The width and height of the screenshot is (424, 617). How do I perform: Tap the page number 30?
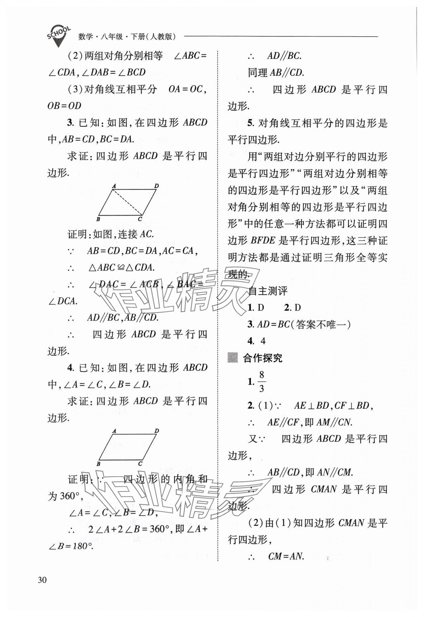pyautogui.click(x=42, y=580)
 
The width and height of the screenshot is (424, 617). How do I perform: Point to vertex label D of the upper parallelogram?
pyautogui.click(x=156, y=186)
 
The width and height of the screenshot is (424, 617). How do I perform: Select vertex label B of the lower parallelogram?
pyautogui.click(x=98, y=464)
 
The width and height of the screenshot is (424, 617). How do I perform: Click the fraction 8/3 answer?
pyautogui.click(x=261, y=382)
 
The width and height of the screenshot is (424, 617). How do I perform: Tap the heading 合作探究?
pyautogui.click(x=263, y=358)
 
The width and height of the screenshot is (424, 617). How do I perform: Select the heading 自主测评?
pyautogui.click(x=268, y=291)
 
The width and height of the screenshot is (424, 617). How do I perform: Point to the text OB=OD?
pyautogui.click(x=64, y=106)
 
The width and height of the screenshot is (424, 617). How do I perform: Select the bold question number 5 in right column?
pyautogui.click(x=250, y=123)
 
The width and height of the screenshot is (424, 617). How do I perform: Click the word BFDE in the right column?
pyautogui.click(x=263, y=240)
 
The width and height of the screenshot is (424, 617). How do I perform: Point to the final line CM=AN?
pyautogui.click(x=286, y=556)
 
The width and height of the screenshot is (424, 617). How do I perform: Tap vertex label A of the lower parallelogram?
pyautogui.click(x=114, y=431)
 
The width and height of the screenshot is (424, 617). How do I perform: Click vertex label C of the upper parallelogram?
pyautogui.click(x=140, y=219)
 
